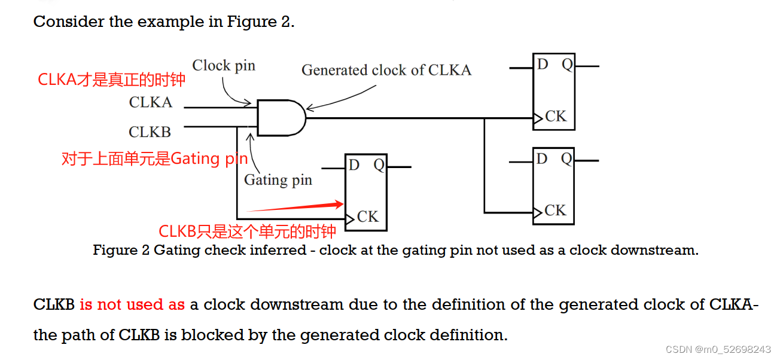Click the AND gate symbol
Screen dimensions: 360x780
click(281, 118)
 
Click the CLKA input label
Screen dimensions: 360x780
click(151, 103)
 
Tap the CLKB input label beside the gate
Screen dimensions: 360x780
click(150, 132)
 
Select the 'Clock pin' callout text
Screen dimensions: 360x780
click(224, 66)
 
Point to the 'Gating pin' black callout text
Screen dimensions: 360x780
click(278, 180)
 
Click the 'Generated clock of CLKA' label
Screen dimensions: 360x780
click(386, 71)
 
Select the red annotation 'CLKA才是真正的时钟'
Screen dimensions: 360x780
click(112, 80)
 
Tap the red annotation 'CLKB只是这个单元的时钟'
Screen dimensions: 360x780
click(247, 232)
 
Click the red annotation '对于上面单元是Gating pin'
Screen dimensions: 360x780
click(154, 159)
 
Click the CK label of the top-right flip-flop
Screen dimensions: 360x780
click(555, 117)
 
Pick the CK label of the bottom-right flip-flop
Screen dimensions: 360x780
click(555, 210)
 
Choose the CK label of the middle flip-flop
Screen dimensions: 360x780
click(367, 216)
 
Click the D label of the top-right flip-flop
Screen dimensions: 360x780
click(543, 64)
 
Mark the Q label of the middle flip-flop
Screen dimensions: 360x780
click(379, 165)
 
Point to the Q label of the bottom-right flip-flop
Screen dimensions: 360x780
click(566, 158)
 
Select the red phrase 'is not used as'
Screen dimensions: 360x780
click(132, 304)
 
